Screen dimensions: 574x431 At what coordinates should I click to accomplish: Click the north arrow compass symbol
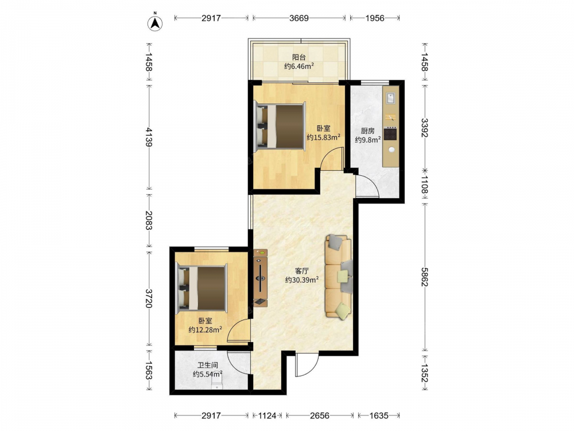tap(155, 23)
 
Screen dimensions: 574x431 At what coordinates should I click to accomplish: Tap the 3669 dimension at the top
tap(299, 18)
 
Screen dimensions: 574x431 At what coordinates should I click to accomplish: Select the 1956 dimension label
tap(375, 18)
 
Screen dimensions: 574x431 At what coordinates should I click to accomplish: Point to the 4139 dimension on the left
tap(148, 137)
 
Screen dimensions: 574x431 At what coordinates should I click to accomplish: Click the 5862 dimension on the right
tap(425, 277)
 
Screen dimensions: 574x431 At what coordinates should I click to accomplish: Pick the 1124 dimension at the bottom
tap(267, 415)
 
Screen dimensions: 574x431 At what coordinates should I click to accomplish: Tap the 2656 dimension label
tap(320, 415)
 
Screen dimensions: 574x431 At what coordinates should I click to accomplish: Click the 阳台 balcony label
tap(299, 57)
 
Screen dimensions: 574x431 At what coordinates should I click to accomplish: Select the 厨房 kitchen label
tap(367, 131)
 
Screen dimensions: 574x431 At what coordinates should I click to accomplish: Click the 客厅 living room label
tap(302, 271)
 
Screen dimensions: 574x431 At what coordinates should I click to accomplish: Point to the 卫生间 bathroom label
tap(208, 365)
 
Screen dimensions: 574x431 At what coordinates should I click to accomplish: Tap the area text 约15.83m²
tap(324, 137)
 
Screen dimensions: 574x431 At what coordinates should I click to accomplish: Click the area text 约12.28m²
tap(205, 330)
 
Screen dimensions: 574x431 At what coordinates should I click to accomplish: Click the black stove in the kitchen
tap(390, 134)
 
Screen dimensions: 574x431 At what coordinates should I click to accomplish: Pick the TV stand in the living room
tap(260, 278)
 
